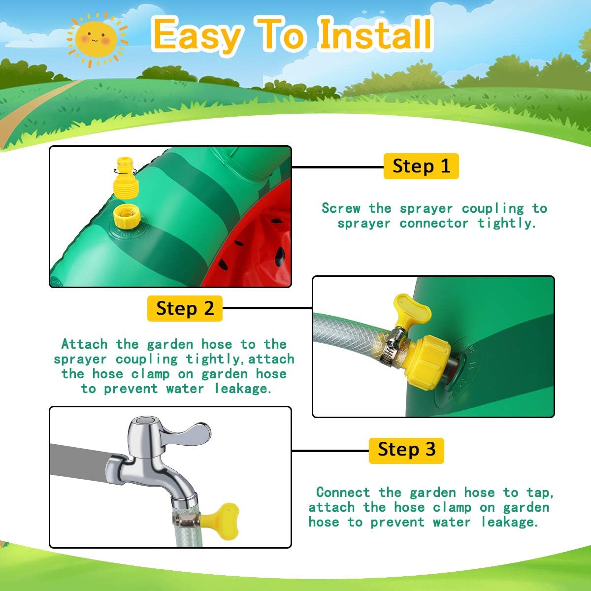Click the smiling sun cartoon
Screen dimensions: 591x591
(97, 39)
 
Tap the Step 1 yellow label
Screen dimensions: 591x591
(421, 166)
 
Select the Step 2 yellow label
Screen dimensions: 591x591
(185, 308)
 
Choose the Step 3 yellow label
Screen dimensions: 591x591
(406, 451)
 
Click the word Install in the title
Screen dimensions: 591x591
(375, 34)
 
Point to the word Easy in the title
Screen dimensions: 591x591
(197, 37)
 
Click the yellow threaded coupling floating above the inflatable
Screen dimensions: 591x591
(126, 178)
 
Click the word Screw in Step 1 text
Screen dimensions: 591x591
(341, 208)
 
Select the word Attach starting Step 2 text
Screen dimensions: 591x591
(85, 344)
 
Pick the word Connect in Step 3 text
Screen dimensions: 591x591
(343, 492)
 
